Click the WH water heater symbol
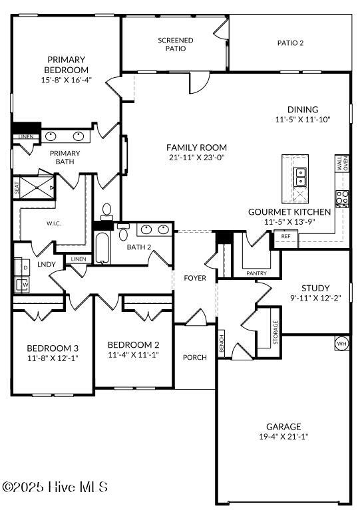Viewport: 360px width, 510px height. [x=341, y=344]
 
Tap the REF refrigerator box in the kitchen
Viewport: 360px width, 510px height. [x=285, y=236]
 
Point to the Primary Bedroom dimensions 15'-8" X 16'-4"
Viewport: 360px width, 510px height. [x=66, y=79]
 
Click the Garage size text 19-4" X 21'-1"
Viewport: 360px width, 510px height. [x=283, y=437]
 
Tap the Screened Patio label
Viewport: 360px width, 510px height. [x=176, y=45]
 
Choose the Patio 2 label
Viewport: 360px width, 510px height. [x=290, y=43]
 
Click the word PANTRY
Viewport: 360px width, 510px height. [x=256, y=273]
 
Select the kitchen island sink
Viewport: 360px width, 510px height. [x=301, y=176]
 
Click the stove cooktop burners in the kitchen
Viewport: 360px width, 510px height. [x=343, y=197]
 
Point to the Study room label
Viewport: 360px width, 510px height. [x=315, y=288]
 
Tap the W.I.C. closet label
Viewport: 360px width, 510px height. [x=54, y=223]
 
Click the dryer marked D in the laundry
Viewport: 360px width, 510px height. [x=25, y=267]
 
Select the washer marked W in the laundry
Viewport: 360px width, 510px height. [x=25, y=285]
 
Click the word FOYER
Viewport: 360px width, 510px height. [x=195, y=278]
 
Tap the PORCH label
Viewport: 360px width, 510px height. [x=195, y=358]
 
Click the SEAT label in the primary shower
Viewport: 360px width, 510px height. [x=17, y=188]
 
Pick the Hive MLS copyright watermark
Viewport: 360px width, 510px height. [x=55, y=487]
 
